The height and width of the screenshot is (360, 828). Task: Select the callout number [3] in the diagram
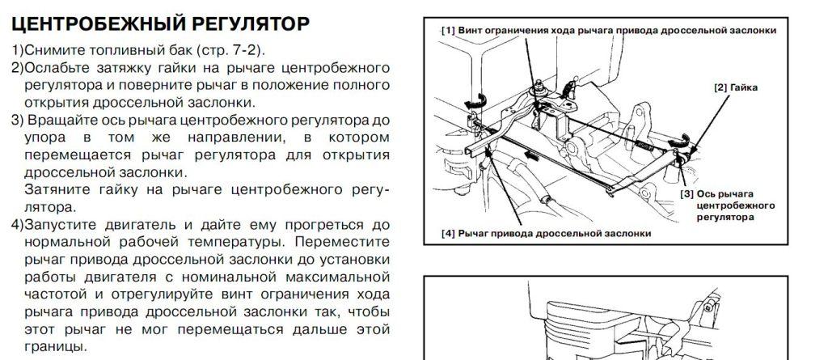coord(688,194)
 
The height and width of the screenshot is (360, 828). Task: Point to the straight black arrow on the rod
coord(530,151)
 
